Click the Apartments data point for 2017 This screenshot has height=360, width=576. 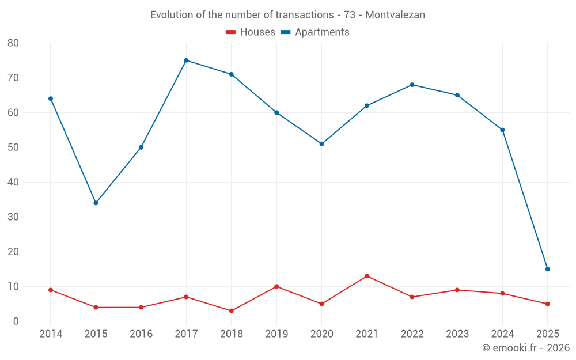point(186,60)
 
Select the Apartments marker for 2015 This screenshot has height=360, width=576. point(96,203)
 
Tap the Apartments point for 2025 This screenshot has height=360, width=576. point(548,269)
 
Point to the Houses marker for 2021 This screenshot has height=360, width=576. point(367,276)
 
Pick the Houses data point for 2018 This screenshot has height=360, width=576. point(232,311)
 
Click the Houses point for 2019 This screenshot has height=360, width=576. point(276,286)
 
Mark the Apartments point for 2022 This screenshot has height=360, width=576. point(412,85)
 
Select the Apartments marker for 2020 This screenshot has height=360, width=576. point(322,144)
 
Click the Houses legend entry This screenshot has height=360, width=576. point(250,32)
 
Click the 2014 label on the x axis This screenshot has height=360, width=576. point(51,334)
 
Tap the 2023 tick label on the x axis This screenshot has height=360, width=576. point(457,334)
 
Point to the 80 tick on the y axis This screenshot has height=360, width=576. point(13,43)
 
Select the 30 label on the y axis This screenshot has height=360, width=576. point(13,217)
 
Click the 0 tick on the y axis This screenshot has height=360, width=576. point(16,321)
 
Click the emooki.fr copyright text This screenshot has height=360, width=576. point(526,348)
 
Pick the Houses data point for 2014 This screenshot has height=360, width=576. point(51,290)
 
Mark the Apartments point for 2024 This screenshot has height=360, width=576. point(502,130)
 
